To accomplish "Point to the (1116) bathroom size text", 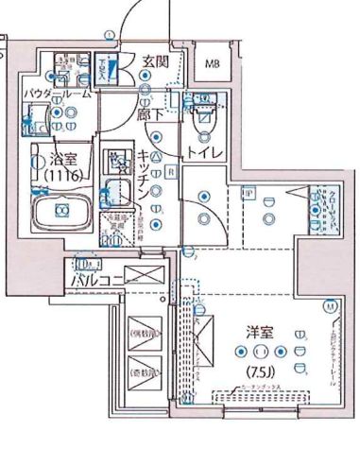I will pyautogui.click(x=56, y=174).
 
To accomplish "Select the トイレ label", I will pyautogui.click(x=204, y=151).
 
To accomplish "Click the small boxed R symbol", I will pyautogui.click(x=171, y=172).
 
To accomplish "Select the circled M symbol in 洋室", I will pyautogui.click(x=331, y=306).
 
